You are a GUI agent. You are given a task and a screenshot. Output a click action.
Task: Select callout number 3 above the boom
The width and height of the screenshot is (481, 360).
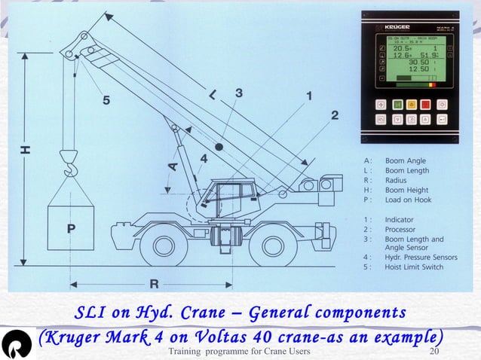pyautogui.click(x=239, y=93)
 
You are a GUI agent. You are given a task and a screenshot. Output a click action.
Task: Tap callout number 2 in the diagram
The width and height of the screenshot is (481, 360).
pyautogui.click(x=334, y=115)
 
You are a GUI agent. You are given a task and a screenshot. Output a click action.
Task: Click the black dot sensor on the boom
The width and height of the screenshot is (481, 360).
pyautogui.click(x=219, y=146)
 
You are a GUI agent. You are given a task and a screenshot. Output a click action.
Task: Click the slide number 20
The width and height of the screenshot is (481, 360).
pyautogui.click(x=434, y=352)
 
